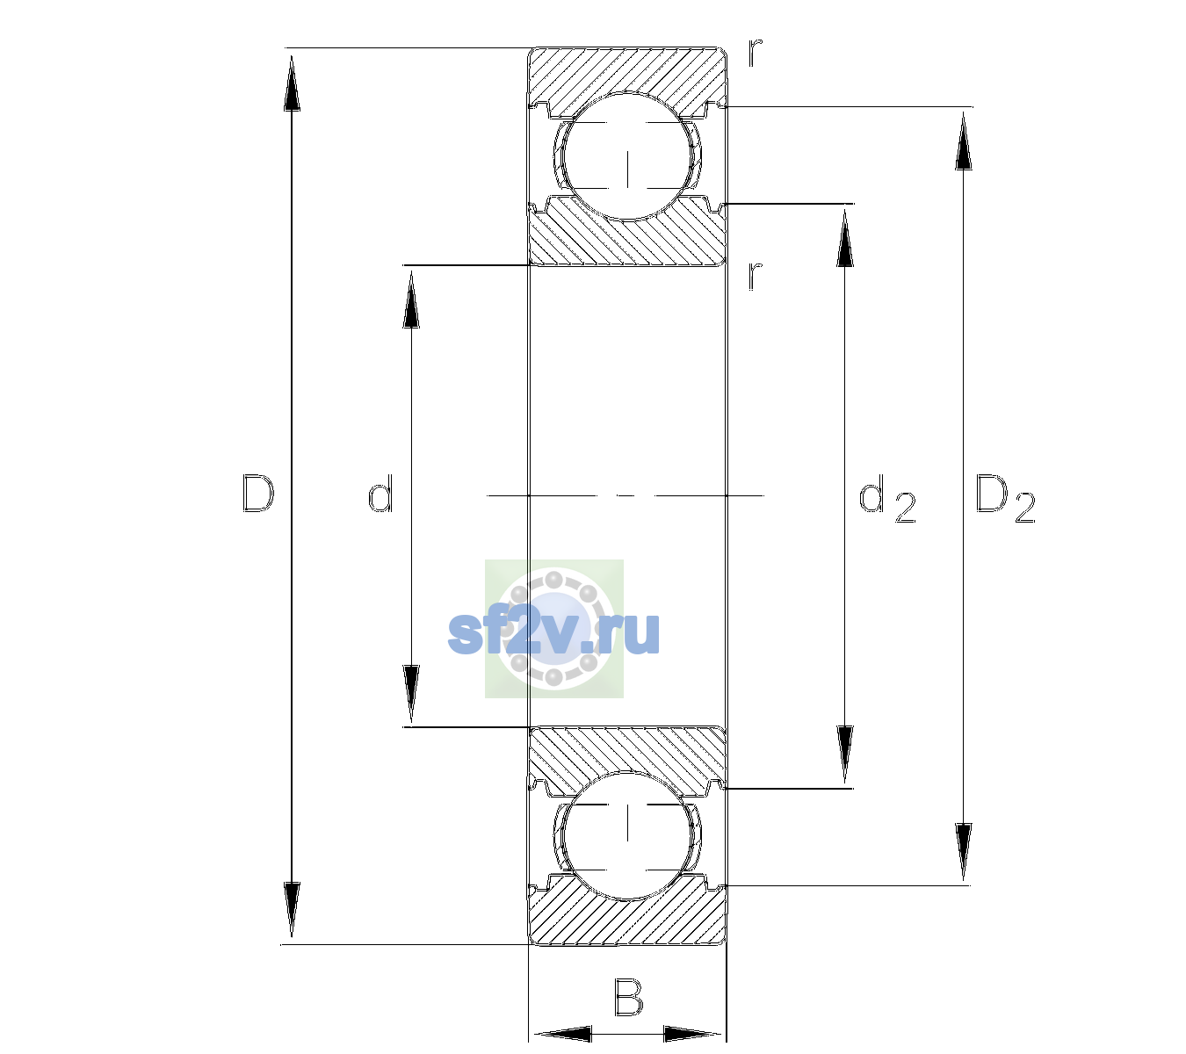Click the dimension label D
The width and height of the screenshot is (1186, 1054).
click(x=258, y=494)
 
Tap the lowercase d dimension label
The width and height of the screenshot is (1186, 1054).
click(x=380, y=493)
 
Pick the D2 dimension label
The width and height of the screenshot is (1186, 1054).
click(x=1005, y=499)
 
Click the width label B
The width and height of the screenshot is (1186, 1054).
click(x=629, y=996)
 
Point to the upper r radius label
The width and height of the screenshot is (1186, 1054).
click(x=756, y=52)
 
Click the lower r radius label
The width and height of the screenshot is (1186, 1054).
click(x=756, y=276)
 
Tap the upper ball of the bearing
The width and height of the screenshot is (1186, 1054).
click(x=627, y=156)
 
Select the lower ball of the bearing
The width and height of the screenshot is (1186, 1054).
click(x=627, y=834)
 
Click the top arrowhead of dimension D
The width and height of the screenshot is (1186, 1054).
click(x=293, y=83)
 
